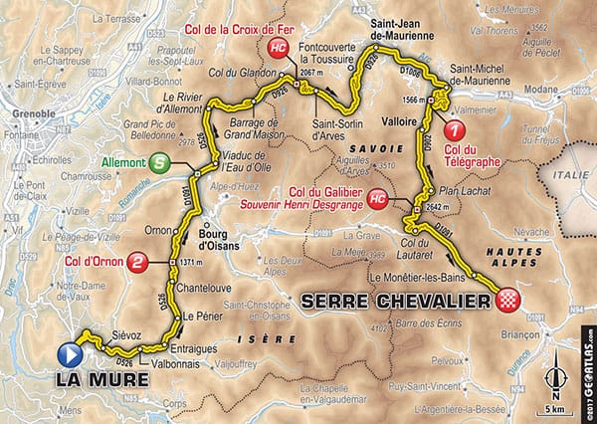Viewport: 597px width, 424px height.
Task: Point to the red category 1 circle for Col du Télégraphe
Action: tap(454, 130)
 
